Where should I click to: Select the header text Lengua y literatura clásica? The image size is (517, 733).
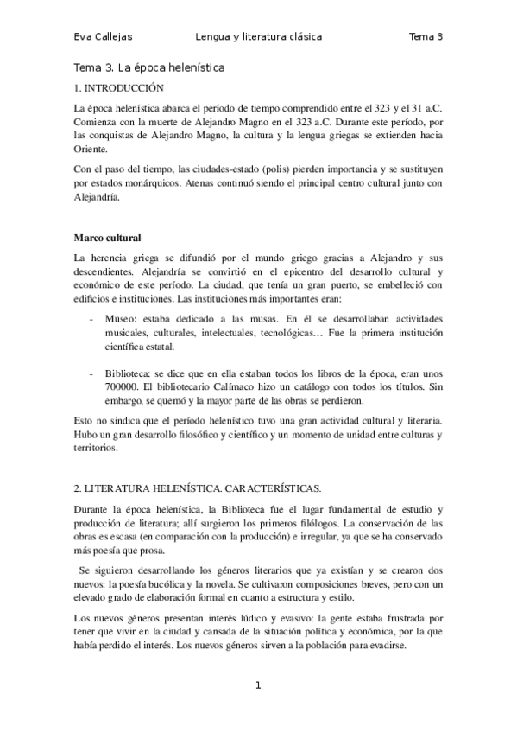(259, 36)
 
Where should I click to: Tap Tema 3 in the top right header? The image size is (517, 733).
(426, 36)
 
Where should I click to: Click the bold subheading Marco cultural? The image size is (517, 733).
(108, 237)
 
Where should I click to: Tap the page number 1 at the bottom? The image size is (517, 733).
(257, 686)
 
